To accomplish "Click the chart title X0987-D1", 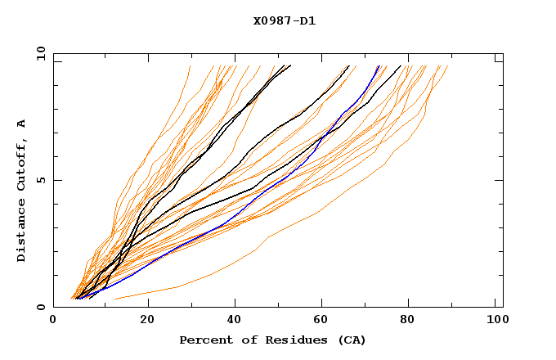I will pos(284,21).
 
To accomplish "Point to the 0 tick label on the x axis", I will pos(53,322).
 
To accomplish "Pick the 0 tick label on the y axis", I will pos(40,307).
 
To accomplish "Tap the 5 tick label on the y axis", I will pos(40,180).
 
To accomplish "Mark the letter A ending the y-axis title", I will pos(21,124).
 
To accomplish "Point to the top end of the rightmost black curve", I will pos(401,66).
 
